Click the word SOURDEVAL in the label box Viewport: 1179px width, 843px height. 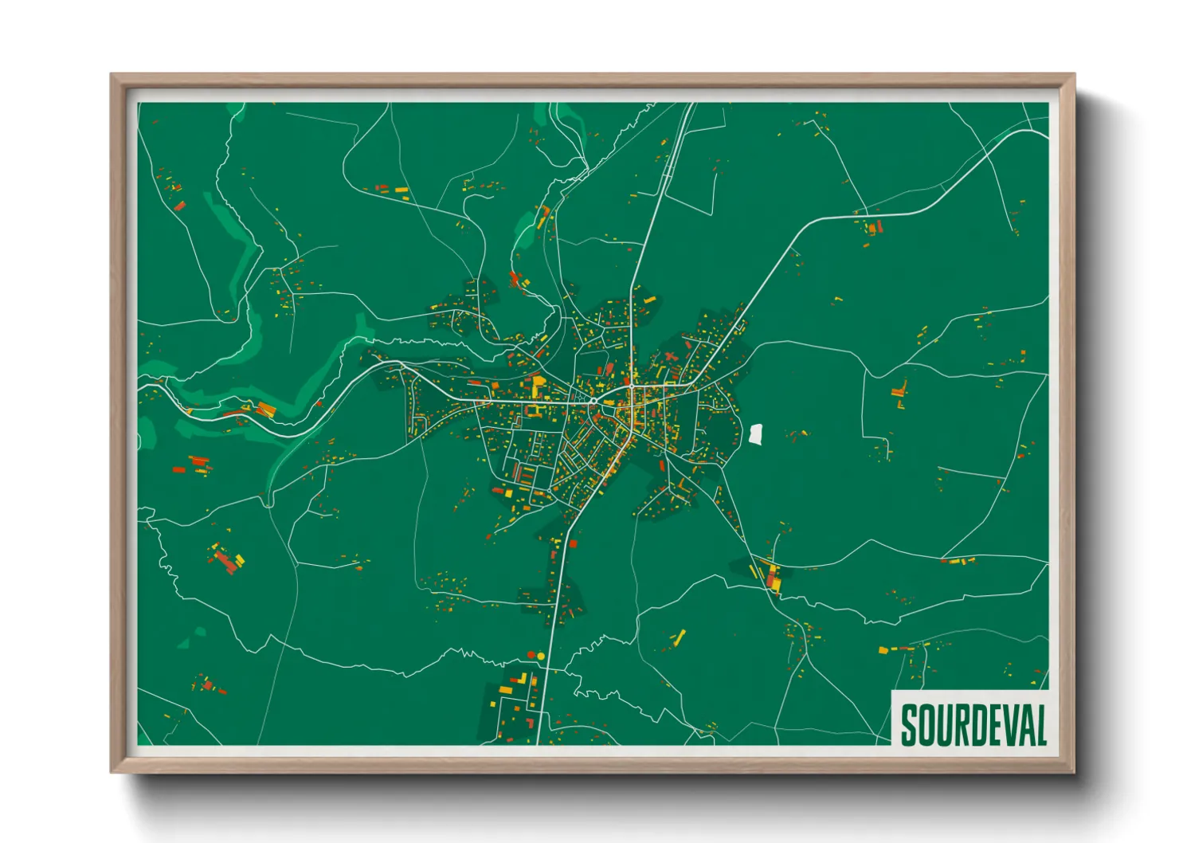click(x=973, y=724)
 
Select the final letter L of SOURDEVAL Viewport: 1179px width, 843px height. click(x=1040, y=725)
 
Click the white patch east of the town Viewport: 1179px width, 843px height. click(x=756, y=434)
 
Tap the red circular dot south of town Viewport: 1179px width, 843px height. click(x=531, y=655)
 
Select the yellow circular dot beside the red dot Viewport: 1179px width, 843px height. click(x=541, y=656)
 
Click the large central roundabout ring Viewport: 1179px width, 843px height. click(x=593, y=402)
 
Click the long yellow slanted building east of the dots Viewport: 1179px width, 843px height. click(x=680, y=637)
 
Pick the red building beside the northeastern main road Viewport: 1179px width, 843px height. click(x=873, y=228)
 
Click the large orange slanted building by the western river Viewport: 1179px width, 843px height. click(x=266, y=410)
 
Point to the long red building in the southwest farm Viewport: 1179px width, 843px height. click(x=226, y=563)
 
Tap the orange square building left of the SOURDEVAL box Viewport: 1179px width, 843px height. click(x=883, y=650)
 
